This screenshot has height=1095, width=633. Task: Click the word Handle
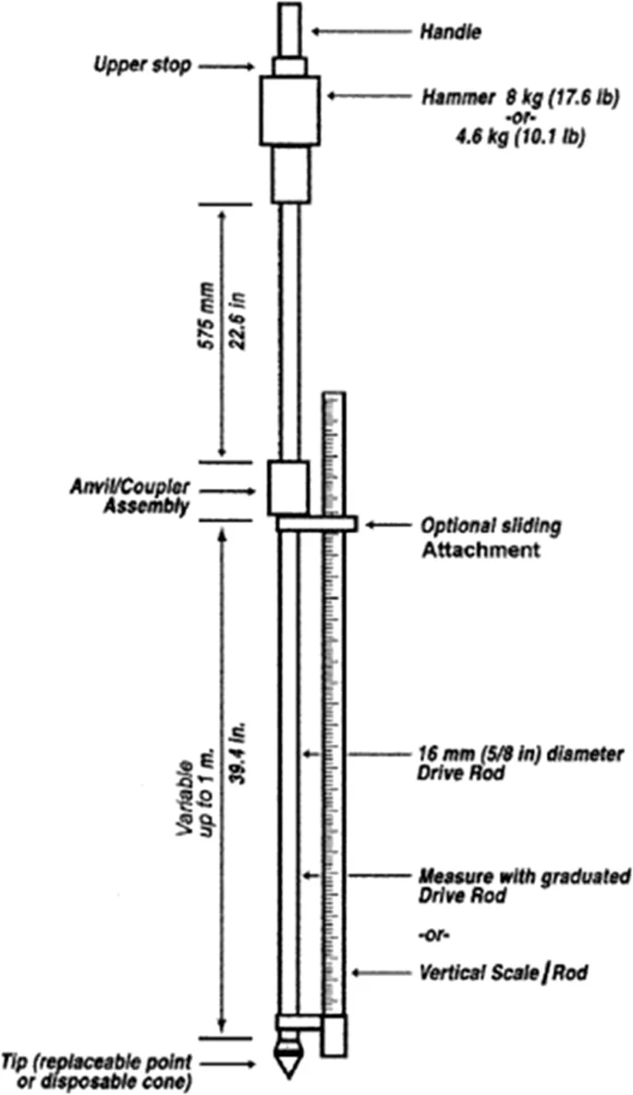pos(450,31)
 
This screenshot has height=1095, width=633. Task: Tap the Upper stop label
pos(141,67)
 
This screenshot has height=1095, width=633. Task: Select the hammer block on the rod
pos(290,110)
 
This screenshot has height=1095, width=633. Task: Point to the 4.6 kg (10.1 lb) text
pos(519,137)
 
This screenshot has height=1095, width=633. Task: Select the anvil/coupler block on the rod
pos(289,488)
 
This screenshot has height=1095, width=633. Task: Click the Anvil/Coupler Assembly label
pos(129,495)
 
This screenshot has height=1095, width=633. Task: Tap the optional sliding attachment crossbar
pos(316,524)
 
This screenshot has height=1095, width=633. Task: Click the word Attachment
pos(480,550)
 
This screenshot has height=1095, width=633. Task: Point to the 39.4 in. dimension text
pos(239,759)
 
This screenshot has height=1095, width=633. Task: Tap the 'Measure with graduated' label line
pos(524,876)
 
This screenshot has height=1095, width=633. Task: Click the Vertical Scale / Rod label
pos(503,972)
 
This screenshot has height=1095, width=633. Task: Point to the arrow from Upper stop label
pos(225,67)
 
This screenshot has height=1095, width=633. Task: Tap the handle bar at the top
pos(289,30)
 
